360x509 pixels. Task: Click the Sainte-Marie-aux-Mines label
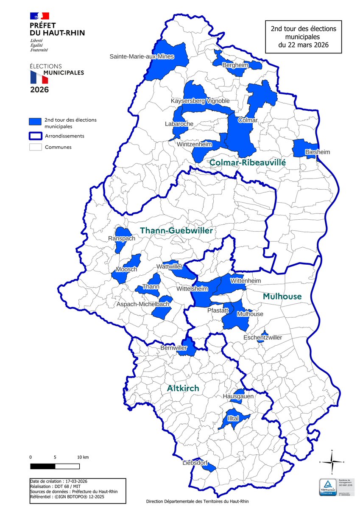click(142, 56)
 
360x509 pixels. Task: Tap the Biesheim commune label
click(317, 152)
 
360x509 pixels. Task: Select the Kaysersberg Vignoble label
click(200, 101)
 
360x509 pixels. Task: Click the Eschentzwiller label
click(262, 338)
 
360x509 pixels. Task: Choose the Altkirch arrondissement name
click(183, 388)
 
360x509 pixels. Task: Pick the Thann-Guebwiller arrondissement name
click(176, 230)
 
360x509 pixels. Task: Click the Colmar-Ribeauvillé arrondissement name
click(248, 162)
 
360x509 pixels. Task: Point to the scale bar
click(55, 466)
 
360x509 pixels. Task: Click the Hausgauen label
click(238, 396)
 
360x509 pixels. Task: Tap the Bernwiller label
click(173, 347)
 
